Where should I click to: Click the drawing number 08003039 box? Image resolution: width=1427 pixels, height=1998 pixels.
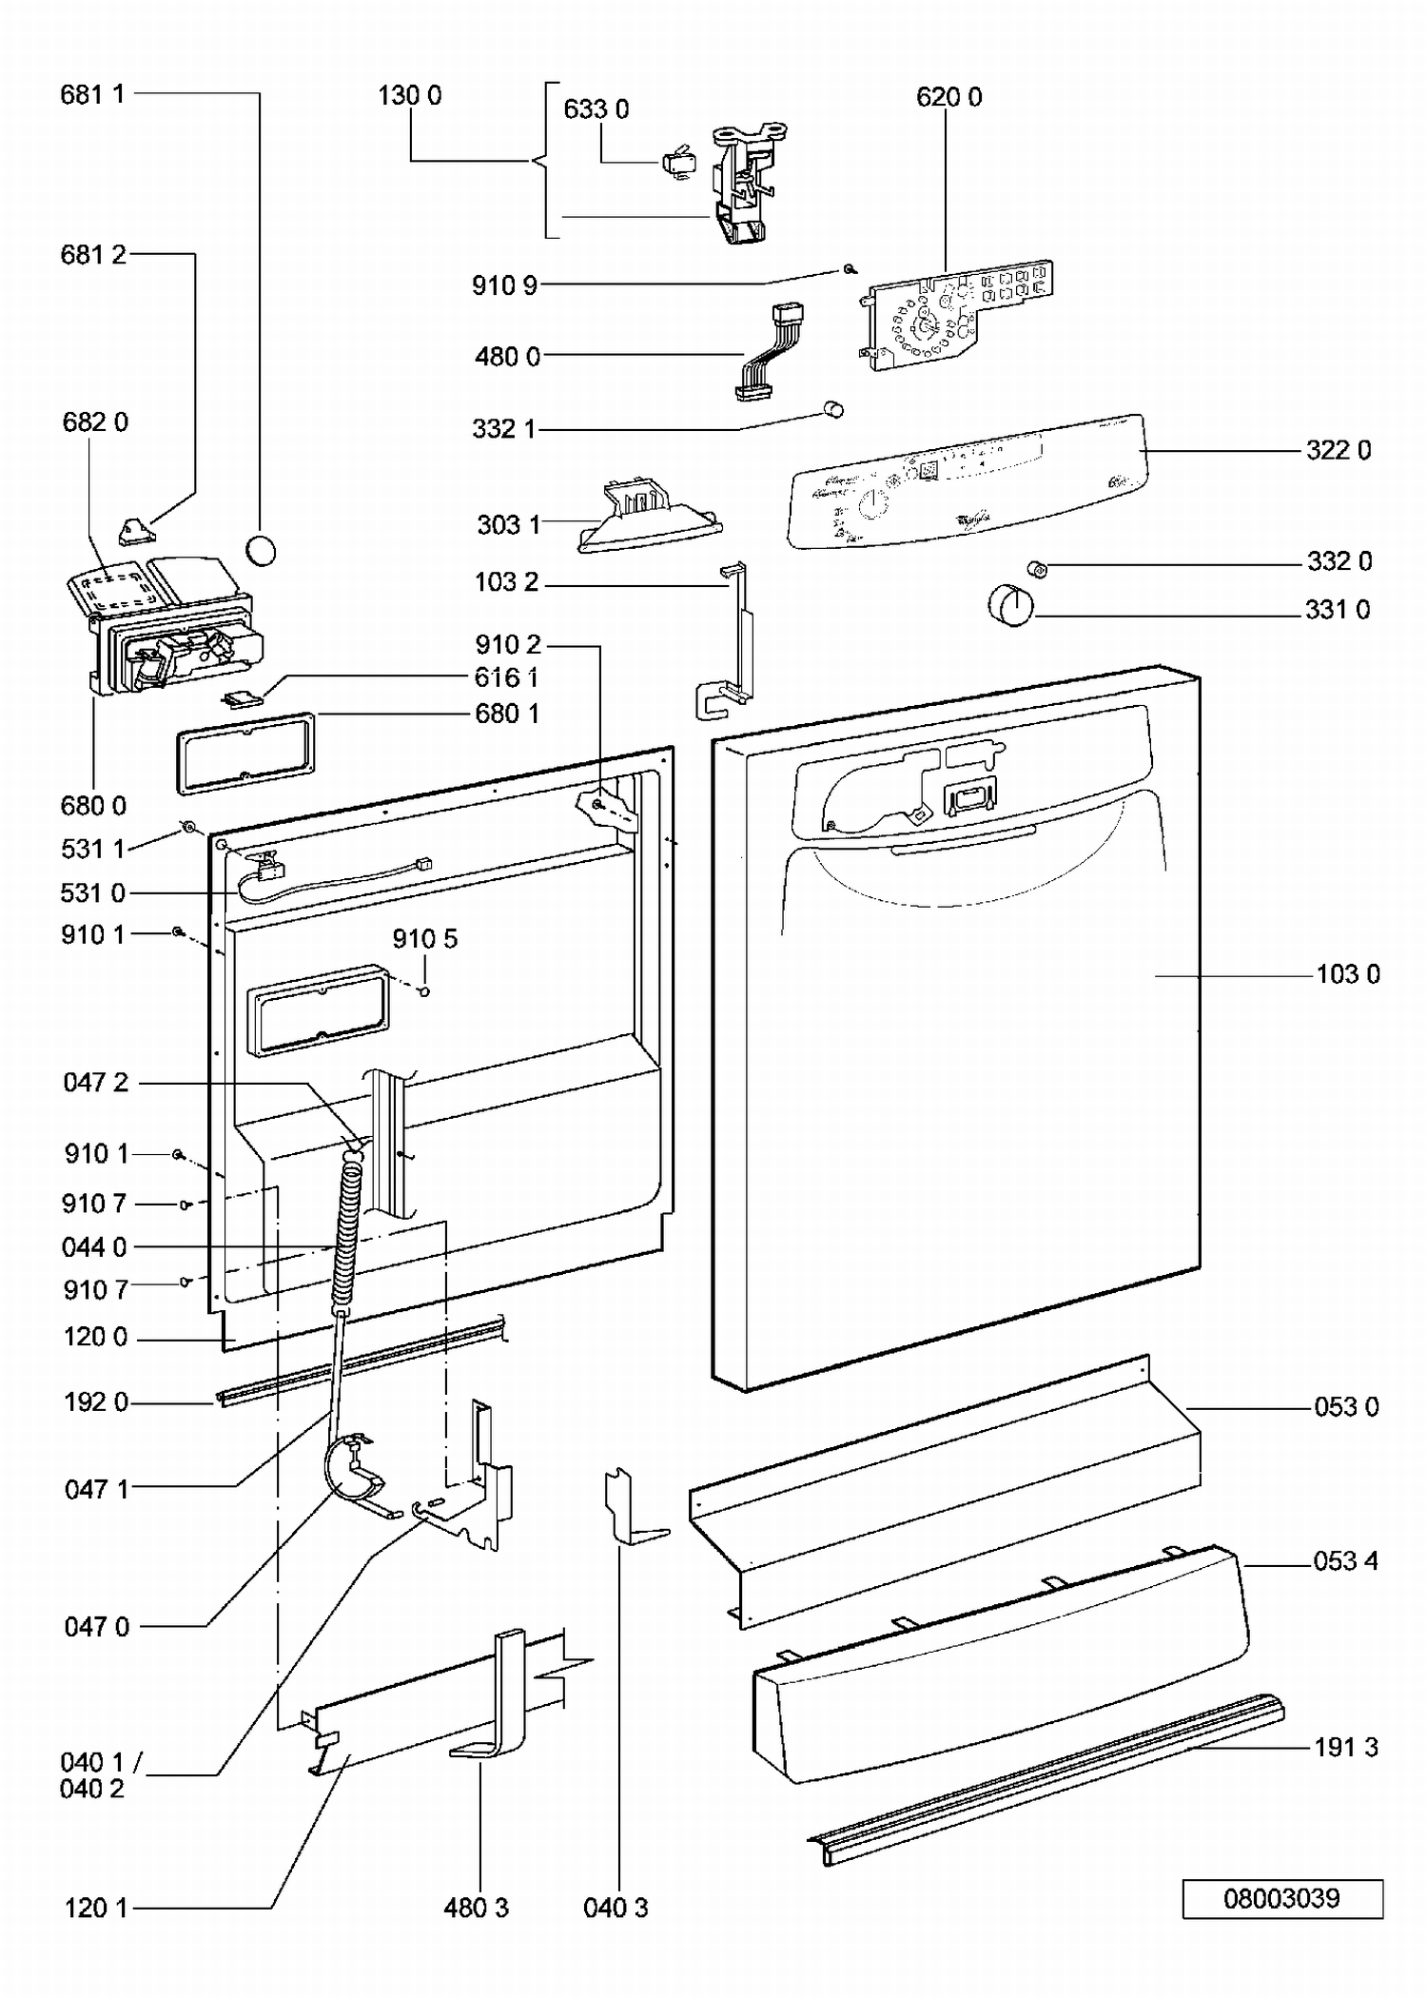tap(1281, 1899)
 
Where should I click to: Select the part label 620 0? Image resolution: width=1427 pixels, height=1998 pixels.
tap(948, 97)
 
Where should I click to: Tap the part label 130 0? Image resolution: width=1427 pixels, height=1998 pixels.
tap(410, 95)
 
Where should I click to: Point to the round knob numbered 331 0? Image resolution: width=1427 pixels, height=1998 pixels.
tap(1010, 606)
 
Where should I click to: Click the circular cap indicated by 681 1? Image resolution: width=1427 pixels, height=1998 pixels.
tap(261, 551)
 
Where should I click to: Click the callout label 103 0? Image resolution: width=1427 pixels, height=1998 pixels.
tap(1347, 974)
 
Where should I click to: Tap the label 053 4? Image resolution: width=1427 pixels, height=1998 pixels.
tap(1345, 1561)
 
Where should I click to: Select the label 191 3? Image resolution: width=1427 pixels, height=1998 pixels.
tap(1345, 1747)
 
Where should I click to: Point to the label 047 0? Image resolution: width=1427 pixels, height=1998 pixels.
tap(96, 1627)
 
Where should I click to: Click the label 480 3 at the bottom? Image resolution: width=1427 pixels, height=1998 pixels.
tap(476, 1908)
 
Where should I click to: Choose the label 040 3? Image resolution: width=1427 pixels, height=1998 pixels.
tap(616, 1908)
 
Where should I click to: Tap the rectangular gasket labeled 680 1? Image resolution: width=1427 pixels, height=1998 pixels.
tap(245, 752)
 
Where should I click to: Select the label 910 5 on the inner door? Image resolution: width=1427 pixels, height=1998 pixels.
tap(424, 939)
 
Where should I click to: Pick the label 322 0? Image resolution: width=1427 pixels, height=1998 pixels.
tap(1339, 450)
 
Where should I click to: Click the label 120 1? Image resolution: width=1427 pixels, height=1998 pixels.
tap(96, 1908)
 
